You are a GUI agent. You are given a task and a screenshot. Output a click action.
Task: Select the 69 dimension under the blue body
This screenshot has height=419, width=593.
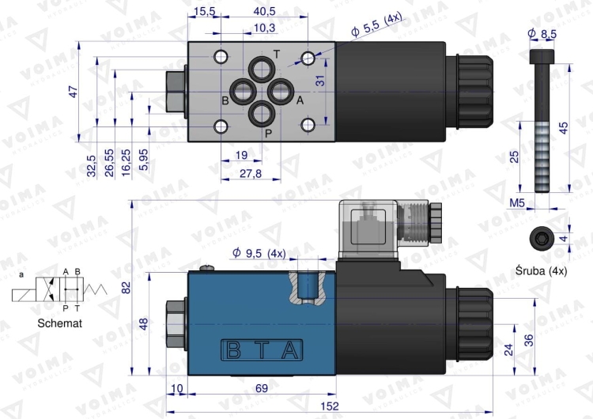260,388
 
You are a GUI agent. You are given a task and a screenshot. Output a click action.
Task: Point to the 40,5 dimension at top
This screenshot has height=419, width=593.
264,11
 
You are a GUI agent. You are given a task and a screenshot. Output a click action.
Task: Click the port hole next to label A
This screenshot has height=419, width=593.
280,92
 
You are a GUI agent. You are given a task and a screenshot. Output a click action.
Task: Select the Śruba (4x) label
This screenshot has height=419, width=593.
541,271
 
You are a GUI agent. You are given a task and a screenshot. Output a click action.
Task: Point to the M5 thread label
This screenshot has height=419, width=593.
517,203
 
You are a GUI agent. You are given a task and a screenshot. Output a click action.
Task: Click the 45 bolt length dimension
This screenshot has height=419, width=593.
563,127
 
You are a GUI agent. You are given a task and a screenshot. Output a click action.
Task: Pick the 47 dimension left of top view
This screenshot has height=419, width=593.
74,92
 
